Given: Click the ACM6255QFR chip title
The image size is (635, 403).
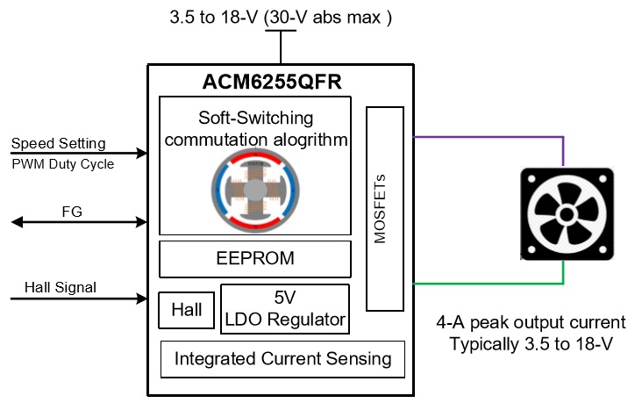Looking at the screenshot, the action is [x=272, y=82].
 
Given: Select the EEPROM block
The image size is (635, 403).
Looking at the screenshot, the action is [x=255, y=259].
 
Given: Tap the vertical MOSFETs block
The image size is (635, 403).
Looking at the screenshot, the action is [x=385, y=209].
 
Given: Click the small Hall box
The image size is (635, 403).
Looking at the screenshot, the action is [x=186, y=310].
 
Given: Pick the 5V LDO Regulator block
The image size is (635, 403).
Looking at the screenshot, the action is [x=285, y=309].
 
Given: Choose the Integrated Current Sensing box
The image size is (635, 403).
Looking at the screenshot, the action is [x=282, y=359].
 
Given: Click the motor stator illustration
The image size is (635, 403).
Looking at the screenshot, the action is [x=255, y=190].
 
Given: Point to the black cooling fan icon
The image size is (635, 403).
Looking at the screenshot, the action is [x=567, y=213].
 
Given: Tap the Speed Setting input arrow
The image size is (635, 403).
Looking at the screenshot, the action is [x=79, y=153].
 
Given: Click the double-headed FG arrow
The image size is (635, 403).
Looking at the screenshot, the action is [x=79, y=222].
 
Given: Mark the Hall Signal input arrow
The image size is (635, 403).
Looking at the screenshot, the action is [x=79, y=299].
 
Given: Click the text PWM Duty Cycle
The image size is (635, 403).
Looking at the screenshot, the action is [x=63, y=164].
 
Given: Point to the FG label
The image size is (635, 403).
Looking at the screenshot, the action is [x=72, y=212].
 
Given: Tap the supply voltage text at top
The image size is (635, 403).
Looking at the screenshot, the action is [x=281, y=18].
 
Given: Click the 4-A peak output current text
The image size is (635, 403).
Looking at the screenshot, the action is [x=531, y=323].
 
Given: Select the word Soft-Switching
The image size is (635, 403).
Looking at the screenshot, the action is [x=255, y=118].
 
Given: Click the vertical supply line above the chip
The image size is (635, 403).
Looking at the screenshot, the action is [x=281, y=47].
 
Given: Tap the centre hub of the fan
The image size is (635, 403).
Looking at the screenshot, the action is [x=567, y=214].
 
